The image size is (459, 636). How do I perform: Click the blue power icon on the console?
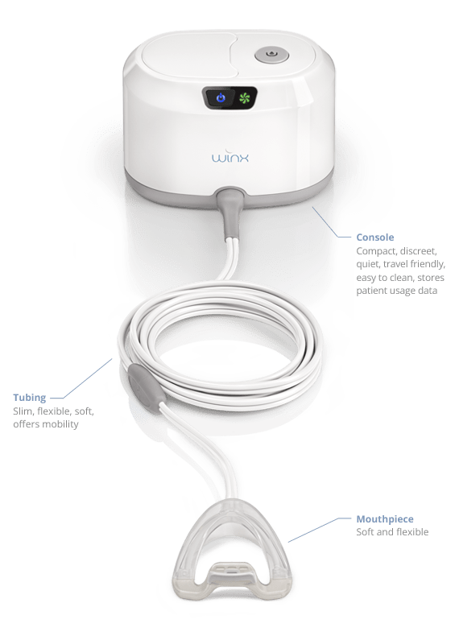pos(220,97)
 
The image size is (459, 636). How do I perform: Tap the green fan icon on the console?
pos(245,97)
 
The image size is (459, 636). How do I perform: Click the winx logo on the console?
pos(230,156)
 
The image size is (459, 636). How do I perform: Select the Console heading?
pos(375,237)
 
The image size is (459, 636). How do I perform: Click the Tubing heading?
pos(30,398)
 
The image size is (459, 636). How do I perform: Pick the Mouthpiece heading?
pos(385,519)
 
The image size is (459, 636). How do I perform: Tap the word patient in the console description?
pos(371,291)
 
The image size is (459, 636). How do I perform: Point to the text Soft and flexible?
pos(392,532)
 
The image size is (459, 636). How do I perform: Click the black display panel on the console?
pos(229,97)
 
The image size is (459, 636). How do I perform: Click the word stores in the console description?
pos(431,278)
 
